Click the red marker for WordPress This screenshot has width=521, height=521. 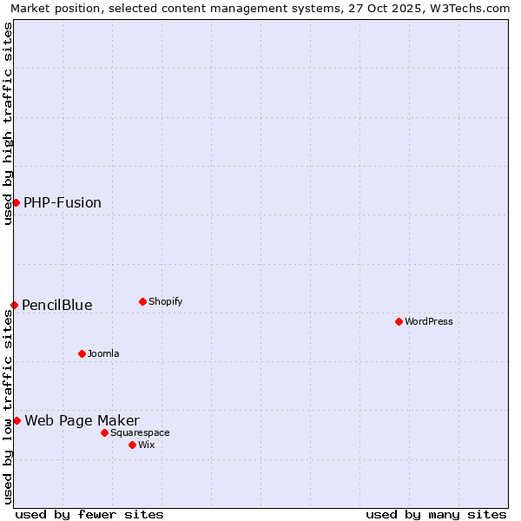(x=399, y=321)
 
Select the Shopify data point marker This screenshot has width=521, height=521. (x=142, y=301)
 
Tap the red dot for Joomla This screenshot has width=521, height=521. (x=82, y=353)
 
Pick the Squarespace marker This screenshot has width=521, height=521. (x=104, y=432)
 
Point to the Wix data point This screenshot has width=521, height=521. (x=132, y=445)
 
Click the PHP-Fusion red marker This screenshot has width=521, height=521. (x=16, y=202)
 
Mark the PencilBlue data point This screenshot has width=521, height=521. (x=14, y=305)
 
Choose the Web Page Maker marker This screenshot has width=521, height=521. (x=16, y=420)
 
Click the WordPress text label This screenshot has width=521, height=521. (x=429, y=322)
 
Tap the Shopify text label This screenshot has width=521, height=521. (x=165, y=302)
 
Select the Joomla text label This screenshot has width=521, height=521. (x=103, y=354)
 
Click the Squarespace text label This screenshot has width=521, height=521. (x=140, y=433)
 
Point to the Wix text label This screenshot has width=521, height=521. (x=146, y=445)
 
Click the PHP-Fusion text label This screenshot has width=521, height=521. (x=63, y=203)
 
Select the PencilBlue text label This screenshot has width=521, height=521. (x=57, y=306)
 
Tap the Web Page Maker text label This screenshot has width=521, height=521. (x=82, y=421)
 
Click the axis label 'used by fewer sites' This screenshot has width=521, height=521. (x=89, y=514)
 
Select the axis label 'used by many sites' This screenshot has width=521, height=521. (x=436, y=514)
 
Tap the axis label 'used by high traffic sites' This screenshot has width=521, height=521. (x=8, y=123)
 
